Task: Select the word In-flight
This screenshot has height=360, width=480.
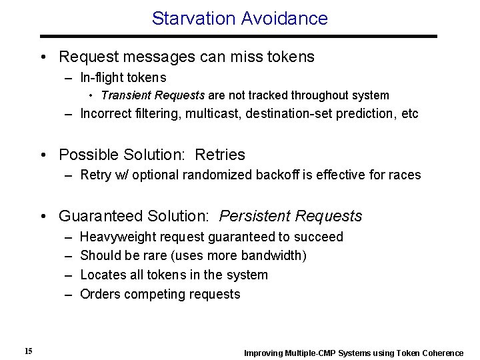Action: point(102,78)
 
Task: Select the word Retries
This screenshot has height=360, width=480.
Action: point(220,155)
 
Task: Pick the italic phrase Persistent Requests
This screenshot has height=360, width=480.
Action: point(291,216)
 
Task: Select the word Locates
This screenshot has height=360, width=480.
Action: point(101,275)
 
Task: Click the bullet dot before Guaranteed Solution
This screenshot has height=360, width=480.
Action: point(43,217)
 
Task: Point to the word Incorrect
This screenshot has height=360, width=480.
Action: point(104,113)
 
